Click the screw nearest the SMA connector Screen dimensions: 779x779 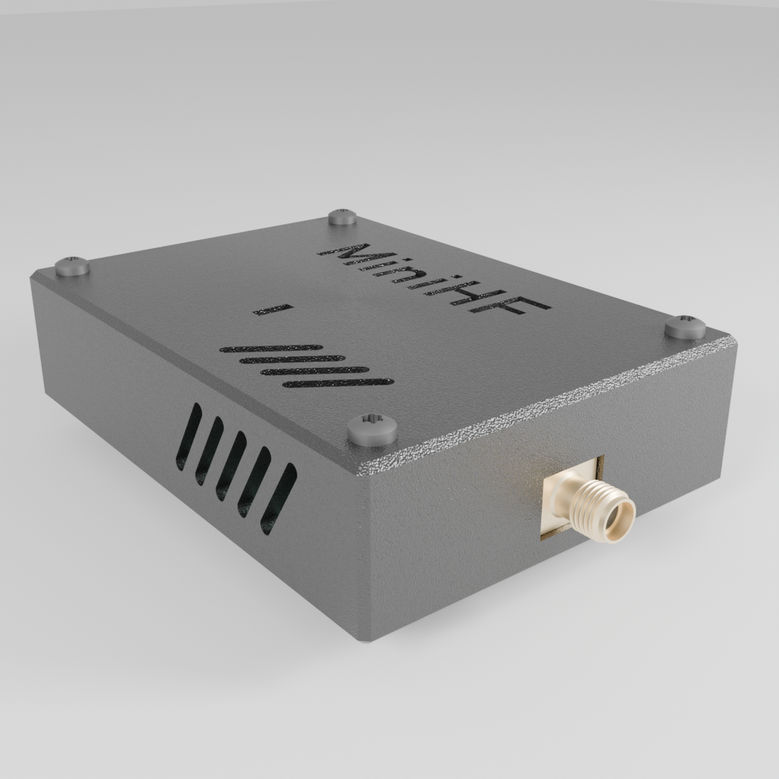(x=685, y=327)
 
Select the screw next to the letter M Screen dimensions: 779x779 (x=343, y=216)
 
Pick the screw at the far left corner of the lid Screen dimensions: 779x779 (x=72, y=266)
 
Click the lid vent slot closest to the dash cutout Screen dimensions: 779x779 (x=271, y=348)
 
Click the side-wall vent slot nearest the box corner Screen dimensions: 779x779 (x=278, y=498)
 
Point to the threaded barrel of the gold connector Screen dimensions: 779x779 (x=591, y=504)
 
